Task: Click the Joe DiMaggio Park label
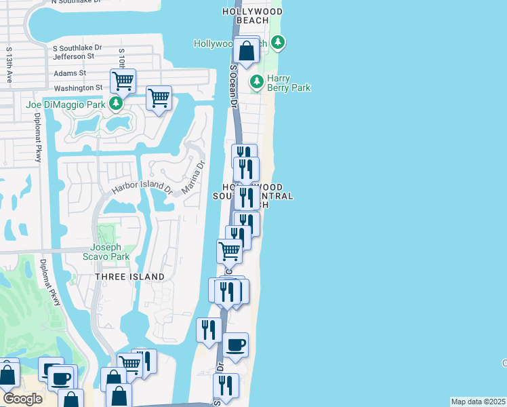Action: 66,104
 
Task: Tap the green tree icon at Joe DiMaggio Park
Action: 116,104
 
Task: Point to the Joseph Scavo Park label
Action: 110,252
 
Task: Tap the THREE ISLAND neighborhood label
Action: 129,277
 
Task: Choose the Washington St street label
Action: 78,88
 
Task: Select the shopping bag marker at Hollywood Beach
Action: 246,50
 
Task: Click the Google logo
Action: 22,399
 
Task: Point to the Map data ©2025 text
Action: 478,402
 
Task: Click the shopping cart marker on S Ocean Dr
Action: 229,252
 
